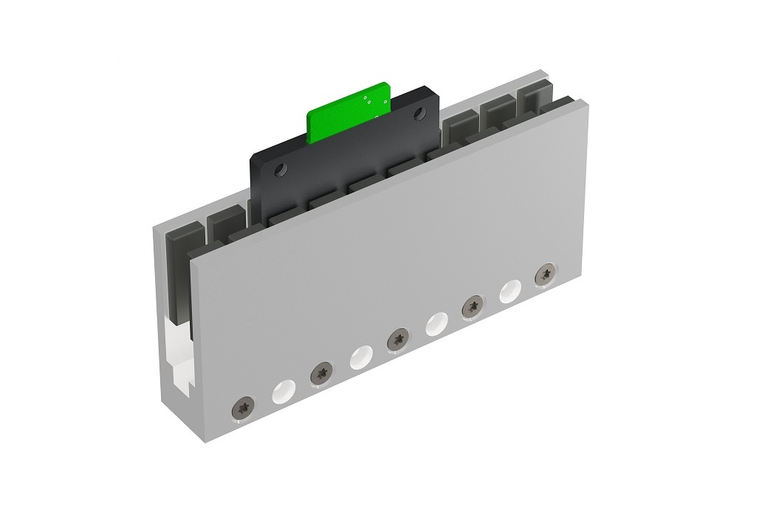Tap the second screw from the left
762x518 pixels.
pyautogui.click(x=320, y=371)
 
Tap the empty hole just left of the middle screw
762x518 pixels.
pyautogui.click(x=360, y=356)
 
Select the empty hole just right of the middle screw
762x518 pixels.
pyautogui.click(x=436, y=322)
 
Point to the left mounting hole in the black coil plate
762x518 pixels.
pyautogui.click(x=280, y=170)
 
